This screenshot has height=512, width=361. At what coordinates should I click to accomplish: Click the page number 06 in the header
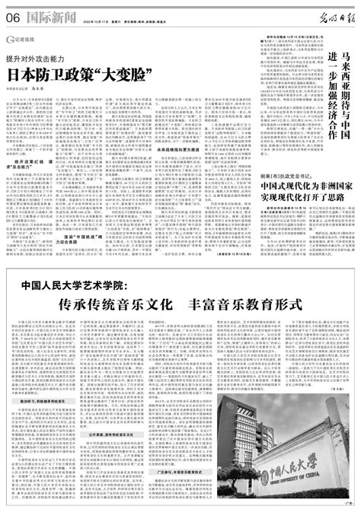click(x=12, y=12)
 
